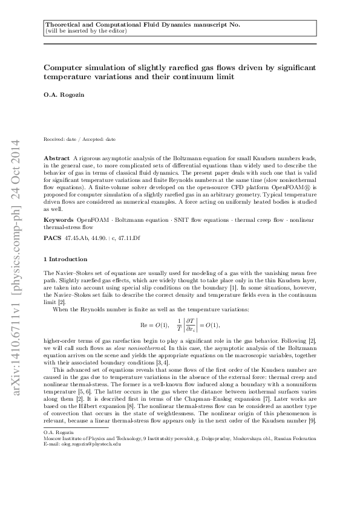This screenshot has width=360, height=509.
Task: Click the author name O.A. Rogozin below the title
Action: coord(61,95)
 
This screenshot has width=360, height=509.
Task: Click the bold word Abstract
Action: coord(57,157)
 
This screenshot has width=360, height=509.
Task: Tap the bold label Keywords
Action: coord(59,216)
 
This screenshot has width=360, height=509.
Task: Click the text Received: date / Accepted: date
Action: coord(80,140)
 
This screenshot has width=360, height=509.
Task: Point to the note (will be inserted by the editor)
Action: coord(86,31)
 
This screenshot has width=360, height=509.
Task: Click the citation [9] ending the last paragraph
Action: coord(312,419)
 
